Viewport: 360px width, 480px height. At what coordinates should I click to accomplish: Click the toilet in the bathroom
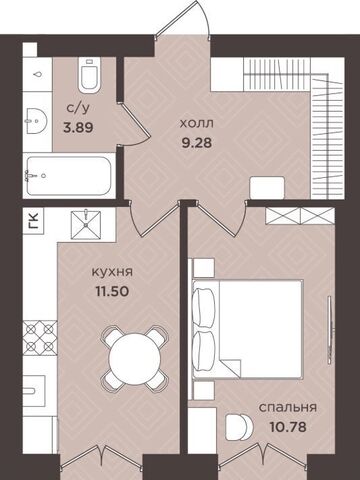point(89,75)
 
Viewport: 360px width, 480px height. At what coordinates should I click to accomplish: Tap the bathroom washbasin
point(36,121)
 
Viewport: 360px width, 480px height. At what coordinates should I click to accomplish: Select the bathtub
point(68,176)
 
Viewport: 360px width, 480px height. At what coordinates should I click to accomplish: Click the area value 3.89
point(78,127)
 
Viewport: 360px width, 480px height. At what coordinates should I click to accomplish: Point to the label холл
point(197,124)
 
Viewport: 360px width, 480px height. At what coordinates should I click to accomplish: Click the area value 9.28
point(197,143)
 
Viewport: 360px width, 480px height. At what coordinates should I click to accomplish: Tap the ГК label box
point(33,221)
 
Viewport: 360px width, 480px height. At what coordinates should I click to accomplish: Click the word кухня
point(112,272)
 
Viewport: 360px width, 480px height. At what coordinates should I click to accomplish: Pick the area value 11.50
point(112,292)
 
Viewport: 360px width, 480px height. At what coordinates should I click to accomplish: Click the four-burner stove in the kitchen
point(40,338)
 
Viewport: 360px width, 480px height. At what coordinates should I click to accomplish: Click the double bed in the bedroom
point(248,329)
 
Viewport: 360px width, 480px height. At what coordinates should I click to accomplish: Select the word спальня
point(288,407)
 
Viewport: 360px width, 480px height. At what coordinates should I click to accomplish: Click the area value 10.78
point(288,427)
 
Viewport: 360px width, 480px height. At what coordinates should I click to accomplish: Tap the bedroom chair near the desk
point(239,426)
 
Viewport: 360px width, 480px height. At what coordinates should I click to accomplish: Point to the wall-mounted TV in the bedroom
point(330,329)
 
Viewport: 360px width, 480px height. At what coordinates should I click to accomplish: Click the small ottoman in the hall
point(267,188)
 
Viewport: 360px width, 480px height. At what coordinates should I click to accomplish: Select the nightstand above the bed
point(203,268)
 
